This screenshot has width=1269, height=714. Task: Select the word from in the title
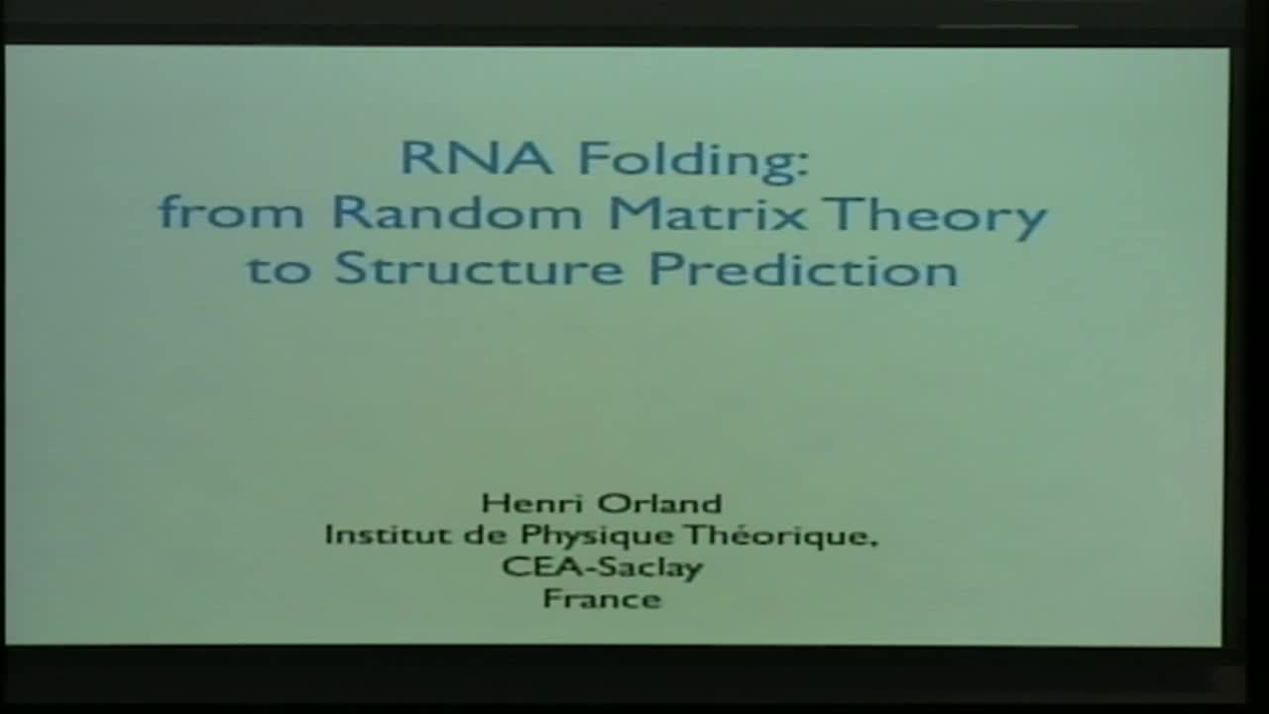(x=230, y=213)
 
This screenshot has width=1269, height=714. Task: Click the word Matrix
(x=707, y=213)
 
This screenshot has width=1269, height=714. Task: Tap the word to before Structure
(x=279, y=269)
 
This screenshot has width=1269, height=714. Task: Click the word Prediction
(x=803, y=269)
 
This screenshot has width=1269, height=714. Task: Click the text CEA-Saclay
(x=602, y=568)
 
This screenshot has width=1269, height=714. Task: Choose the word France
(x=602, y=599)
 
